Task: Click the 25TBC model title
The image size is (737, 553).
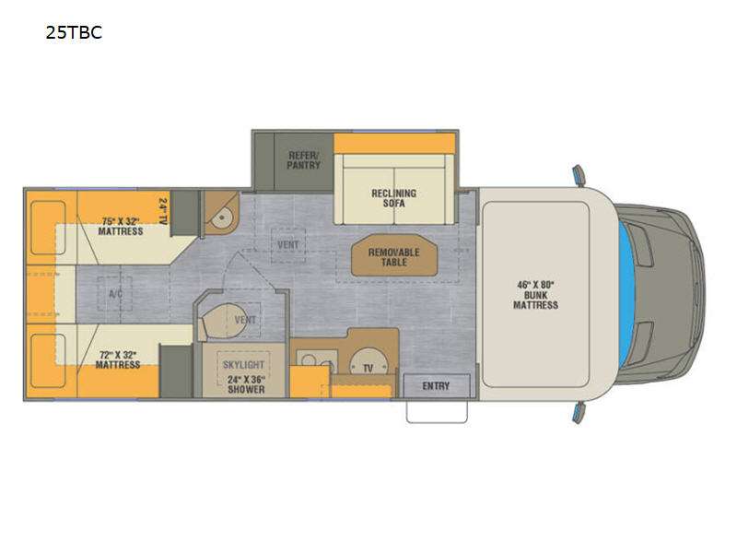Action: (74, 32)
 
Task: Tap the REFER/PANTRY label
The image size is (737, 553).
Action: (304, 160)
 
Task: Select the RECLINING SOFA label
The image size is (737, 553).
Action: (394, 198)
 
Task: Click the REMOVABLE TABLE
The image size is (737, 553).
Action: (394, 255)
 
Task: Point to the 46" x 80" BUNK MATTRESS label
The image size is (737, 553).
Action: (535, 295)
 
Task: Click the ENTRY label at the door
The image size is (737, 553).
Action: (436, 386)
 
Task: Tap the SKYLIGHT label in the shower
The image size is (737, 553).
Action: (243, 364)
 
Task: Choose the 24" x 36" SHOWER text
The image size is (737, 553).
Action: (246, 384)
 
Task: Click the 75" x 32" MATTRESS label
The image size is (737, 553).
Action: (121, 226)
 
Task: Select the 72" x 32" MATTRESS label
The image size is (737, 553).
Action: (118, 359)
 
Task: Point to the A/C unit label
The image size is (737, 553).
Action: (116, 294)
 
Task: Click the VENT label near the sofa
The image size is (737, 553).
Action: (288, 244)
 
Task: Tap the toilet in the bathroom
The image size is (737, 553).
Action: (222, 322)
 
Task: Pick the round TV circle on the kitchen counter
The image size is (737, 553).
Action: (368, 362)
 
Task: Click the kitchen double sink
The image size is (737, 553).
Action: (317, 360)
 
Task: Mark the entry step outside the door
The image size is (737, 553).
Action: (437, 411)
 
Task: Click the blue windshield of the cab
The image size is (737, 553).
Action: (626, 294)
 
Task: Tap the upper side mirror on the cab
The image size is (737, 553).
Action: (579, 175)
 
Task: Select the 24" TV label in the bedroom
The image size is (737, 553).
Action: (163, 211)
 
